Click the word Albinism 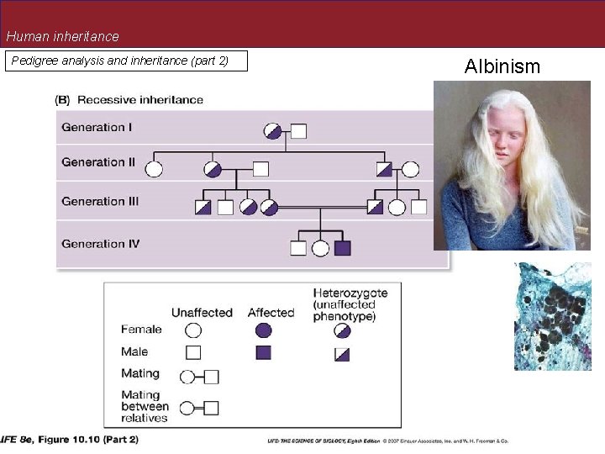pos(502,66)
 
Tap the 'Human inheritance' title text pos(63,37)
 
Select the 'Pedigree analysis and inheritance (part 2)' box pos(126,61)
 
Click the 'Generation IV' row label pos(100,244)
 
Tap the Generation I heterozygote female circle pos(272,130)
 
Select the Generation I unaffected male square pos(298,130)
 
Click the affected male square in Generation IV pos(342,248)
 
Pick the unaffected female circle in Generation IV pos(320,248)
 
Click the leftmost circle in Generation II pos(154,168)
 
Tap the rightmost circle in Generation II pos(410,168)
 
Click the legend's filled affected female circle pos(263,330)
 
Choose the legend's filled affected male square pos(263,352)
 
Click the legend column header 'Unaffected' pos(202,313)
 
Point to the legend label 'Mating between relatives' pos(145,406)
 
